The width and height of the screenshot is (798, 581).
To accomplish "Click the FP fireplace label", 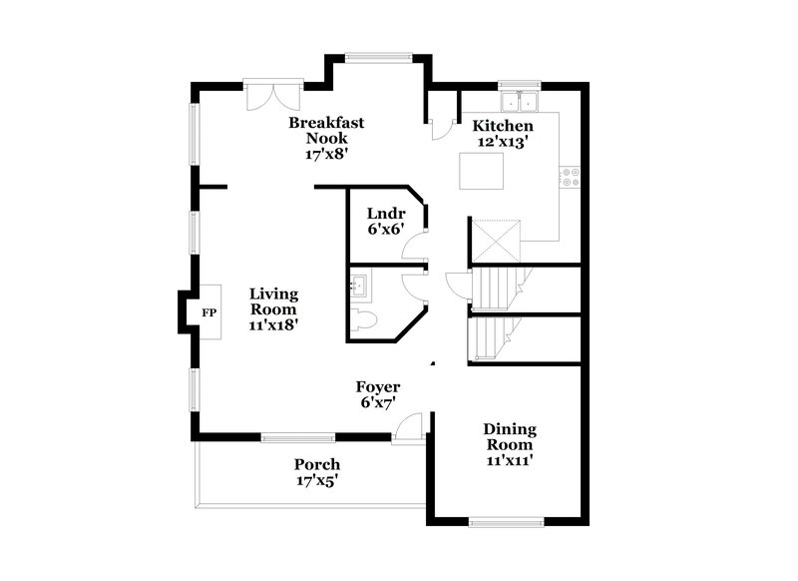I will pyautogui.click(x=209, y=313).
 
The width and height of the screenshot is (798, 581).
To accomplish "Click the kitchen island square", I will pyautogui.click(x=479, y=171).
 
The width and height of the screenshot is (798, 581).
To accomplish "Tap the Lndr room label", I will pyautogui.click(x=384, y=213).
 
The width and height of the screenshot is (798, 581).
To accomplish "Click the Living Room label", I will pyautogui.click(x=273, y=300).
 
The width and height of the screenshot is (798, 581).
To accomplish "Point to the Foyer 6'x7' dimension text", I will pyautogui.click(x=378, y=403).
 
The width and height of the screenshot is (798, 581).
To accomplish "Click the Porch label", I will pyautogui.click(x=317, y=464).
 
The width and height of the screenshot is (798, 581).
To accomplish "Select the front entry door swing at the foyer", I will pyautogui.click(x=407, y=427).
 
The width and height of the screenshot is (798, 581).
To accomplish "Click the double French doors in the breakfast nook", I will pyautogui.click(x=270, y=96).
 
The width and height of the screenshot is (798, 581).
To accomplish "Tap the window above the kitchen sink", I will pyautogui.click(x=520, y=83).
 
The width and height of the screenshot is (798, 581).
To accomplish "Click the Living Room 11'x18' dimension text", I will pyautogui.click(x=274, y=323).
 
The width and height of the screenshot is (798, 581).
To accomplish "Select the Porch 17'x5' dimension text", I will pyautogui.click(x=318, y=480).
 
